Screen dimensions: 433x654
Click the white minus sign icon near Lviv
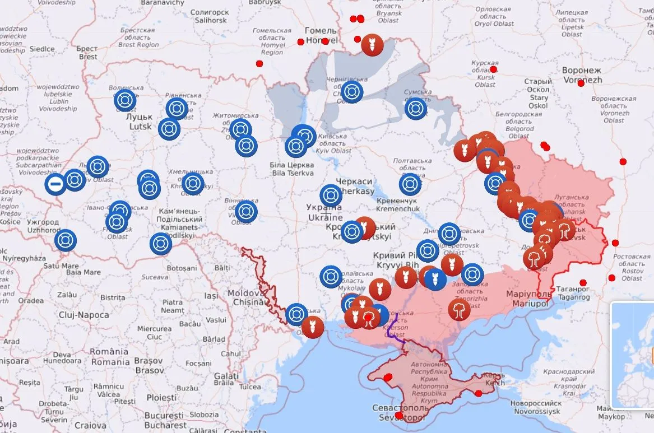[x=55, y=184]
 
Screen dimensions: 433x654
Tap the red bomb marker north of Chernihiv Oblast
[x=372, y=45]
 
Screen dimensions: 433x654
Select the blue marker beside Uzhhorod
[x=66, y=240]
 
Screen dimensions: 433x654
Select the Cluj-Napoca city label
[x=84, y=315]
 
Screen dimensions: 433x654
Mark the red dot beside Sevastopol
[x=398, y=416]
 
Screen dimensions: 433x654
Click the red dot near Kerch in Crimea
[x=478, y=393]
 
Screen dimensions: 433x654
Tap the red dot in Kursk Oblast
[x=493, y=69]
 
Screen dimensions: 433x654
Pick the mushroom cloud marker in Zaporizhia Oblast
[x=459, y=309]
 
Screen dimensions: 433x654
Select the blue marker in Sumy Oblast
[x=416, y=109]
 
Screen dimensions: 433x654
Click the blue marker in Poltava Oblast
[x=410, y=184]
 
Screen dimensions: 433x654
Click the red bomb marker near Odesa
[x=312, y=327]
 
